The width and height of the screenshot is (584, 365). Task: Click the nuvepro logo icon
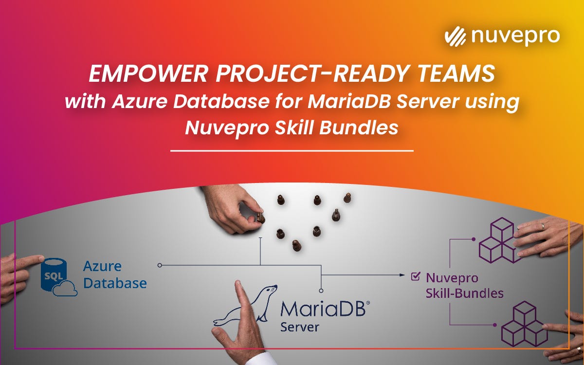(456, 37)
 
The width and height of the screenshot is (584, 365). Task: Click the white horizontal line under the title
(292, 151)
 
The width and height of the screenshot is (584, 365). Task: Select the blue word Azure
(102, 267)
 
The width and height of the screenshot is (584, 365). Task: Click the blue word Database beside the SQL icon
(115, 283)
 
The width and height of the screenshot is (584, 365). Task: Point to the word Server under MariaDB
(299, 326)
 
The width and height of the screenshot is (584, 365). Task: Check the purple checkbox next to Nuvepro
(415, 276)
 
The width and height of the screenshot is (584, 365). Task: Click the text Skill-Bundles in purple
(464, 293)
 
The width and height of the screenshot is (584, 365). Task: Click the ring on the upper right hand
(543, 226)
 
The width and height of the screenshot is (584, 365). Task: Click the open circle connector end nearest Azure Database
(160, 265)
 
